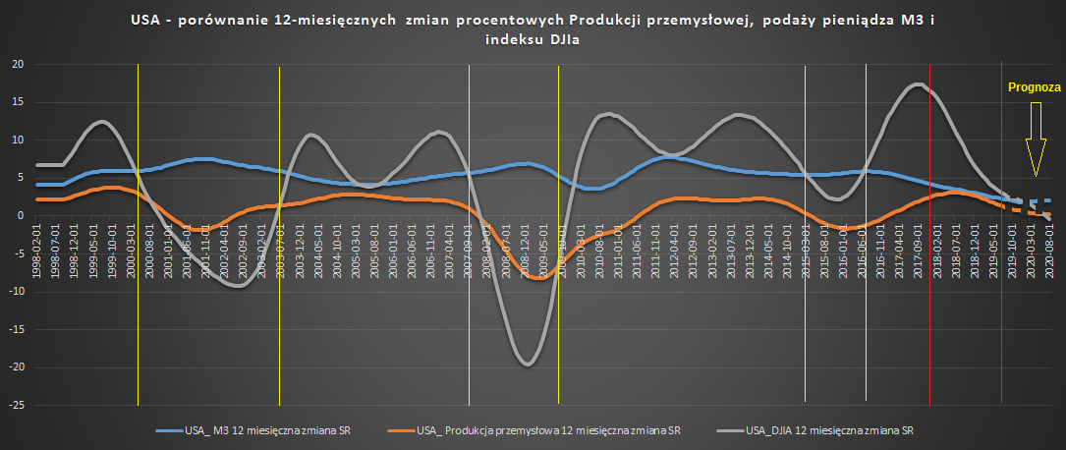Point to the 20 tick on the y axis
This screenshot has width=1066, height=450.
[x=17, y=65]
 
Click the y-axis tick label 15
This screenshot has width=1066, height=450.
[x=17, y=102]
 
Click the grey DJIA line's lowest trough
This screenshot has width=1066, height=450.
[x=527, y=365]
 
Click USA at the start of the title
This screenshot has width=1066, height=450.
[x=144, y=19]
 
